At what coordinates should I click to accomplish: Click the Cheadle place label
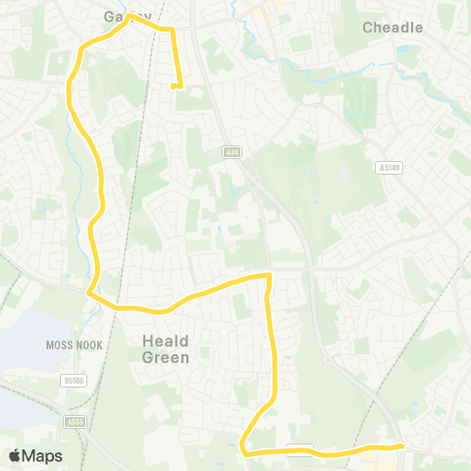click(392, 27)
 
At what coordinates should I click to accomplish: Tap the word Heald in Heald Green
click(165, 340)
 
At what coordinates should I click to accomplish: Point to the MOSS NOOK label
click(68, 345)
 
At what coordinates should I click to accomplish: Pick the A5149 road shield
click(390, 168)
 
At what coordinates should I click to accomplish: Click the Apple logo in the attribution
click(15, 456)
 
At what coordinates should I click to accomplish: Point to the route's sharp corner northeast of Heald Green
click(268, 277)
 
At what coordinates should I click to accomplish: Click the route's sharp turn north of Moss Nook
click(89, 292)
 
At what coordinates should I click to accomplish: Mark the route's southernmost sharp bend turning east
click(243, 451)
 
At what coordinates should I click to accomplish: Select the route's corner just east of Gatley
click(173, 31)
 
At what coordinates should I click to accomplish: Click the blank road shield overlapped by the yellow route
click(299, 449)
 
